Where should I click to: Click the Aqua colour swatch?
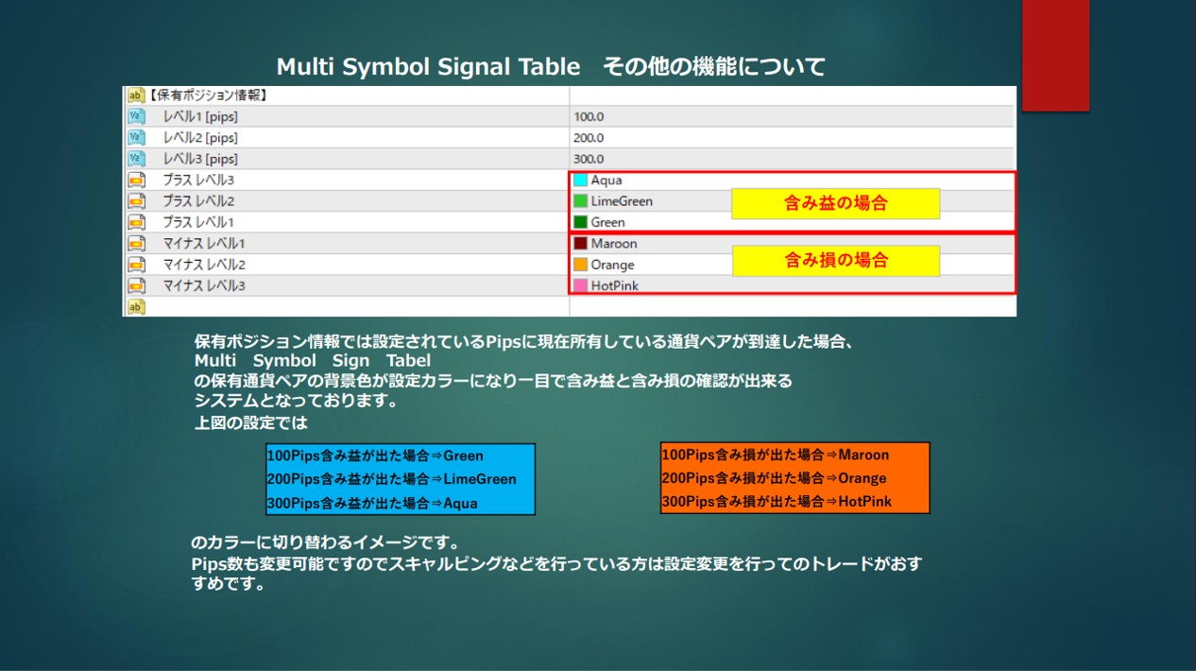point(580,181)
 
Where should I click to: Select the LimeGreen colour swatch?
point(580,201)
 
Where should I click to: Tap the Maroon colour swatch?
point(580,243)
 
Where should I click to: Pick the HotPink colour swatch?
point(580,285)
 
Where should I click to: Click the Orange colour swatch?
point(580,265)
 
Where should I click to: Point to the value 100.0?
point(589,116)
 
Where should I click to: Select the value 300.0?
point(589,159)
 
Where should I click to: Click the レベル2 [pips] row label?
point(200,138)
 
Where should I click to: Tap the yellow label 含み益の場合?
point(836,203)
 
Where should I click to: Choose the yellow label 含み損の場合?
point(836,261)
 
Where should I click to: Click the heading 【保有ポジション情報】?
point(206,95)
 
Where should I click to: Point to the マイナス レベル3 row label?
point(204,285)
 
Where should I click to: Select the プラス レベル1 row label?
point(198,222)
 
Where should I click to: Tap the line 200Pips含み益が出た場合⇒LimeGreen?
point(392,478)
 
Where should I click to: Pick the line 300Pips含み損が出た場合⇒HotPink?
point(777,501)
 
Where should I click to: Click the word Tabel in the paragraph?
point(408,361)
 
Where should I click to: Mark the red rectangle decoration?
point(1055,56)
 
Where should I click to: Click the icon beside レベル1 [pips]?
point(136,116)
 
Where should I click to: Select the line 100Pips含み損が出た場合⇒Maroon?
point(776,455)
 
